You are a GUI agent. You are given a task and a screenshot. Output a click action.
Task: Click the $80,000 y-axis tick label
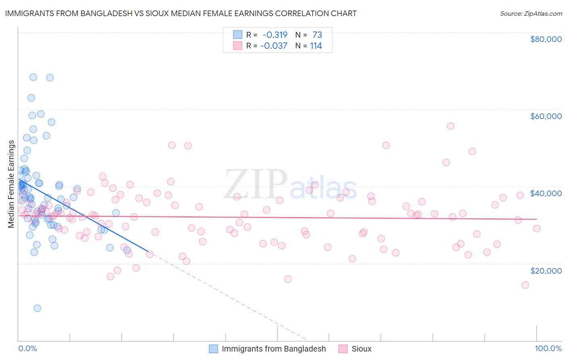pos(546,39)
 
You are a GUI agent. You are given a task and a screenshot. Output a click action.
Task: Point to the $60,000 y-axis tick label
pos(546,116)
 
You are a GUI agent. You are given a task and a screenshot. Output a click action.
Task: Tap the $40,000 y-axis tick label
pos(546,193)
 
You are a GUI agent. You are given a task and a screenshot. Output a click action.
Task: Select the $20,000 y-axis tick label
pos(546,270)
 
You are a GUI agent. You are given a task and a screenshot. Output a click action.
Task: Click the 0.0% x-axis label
pos(27,348)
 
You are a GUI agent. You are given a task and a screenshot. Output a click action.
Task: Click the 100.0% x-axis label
pos(548,348)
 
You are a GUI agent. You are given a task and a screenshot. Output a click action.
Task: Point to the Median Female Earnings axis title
pos(11,184)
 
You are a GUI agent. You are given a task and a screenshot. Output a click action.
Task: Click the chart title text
pos(181,13)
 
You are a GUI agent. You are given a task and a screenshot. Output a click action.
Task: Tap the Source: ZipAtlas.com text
pos(531,13)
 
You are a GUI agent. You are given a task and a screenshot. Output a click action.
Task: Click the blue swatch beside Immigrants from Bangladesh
pos(213,349)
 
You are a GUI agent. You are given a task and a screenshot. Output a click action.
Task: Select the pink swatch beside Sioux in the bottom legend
pos(343,349)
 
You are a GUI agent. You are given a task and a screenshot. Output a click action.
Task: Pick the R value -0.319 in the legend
pos(275,35)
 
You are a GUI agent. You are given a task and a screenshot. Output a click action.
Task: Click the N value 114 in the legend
pos(316,46)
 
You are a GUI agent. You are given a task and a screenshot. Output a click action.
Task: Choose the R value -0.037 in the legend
pos(274,46)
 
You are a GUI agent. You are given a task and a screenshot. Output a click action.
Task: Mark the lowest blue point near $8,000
pos(37,308)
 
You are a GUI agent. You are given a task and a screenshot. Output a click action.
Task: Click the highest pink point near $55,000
pos(450,126)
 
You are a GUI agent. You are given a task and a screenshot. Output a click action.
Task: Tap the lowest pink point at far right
pos(525,285)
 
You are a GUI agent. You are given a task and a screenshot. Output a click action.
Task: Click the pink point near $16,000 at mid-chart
pos(288,279)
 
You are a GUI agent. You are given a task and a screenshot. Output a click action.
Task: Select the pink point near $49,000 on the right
pos(472,151)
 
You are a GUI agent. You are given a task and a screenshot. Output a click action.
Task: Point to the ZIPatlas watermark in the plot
pos(290,185)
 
